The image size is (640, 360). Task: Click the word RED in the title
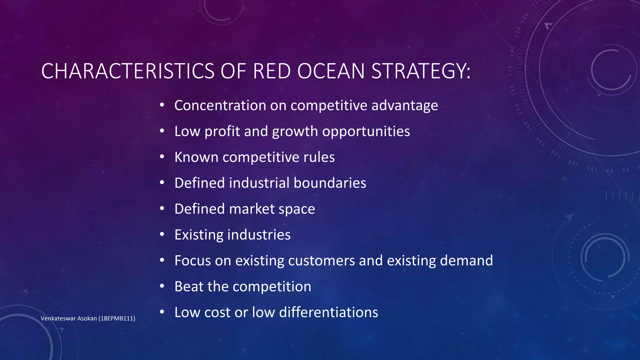tap(272, 71)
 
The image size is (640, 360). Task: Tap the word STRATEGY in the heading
tap(420, 71)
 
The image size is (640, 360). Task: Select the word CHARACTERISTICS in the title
tap(127, 71)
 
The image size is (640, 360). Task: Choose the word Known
tap(196, 157)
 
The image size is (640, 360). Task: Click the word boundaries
tap(330, 183)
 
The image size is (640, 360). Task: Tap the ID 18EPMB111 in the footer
tap(117, 318)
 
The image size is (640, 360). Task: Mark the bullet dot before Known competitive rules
tap(162, 157)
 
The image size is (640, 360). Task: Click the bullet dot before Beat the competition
tap(162, 286)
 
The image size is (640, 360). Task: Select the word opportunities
tap(366, 131)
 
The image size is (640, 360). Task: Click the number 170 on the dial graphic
tap(511, 71)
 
